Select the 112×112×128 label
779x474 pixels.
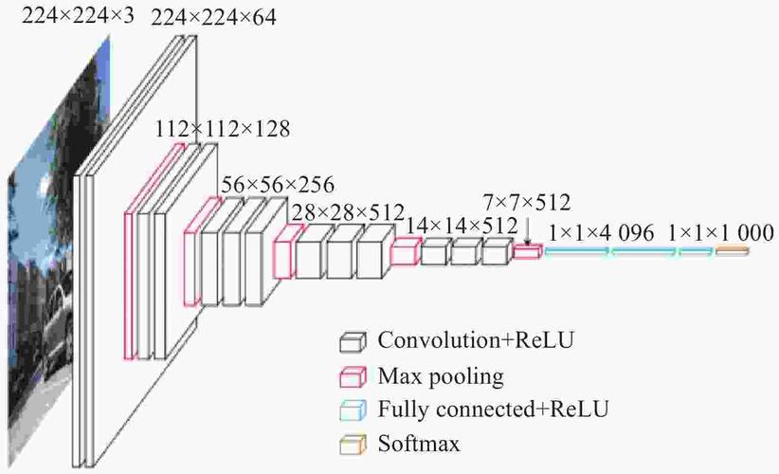[x=222, y=128]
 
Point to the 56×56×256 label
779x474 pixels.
[x=277, y=183]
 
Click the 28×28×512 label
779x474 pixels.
[x=348, y=211]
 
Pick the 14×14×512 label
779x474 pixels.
[x=462, y=226]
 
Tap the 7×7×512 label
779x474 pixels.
[x=526, y=201]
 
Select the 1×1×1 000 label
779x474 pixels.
[x=720, y=232]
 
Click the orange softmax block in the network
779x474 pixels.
[x=732, y=250]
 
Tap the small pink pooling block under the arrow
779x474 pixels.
[x=528, y=250]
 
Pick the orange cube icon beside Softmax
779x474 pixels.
[x=353, y=444]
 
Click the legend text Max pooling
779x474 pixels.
[x=440, y=376]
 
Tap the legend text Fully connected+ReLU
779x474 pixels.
[x=493, y=410]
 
